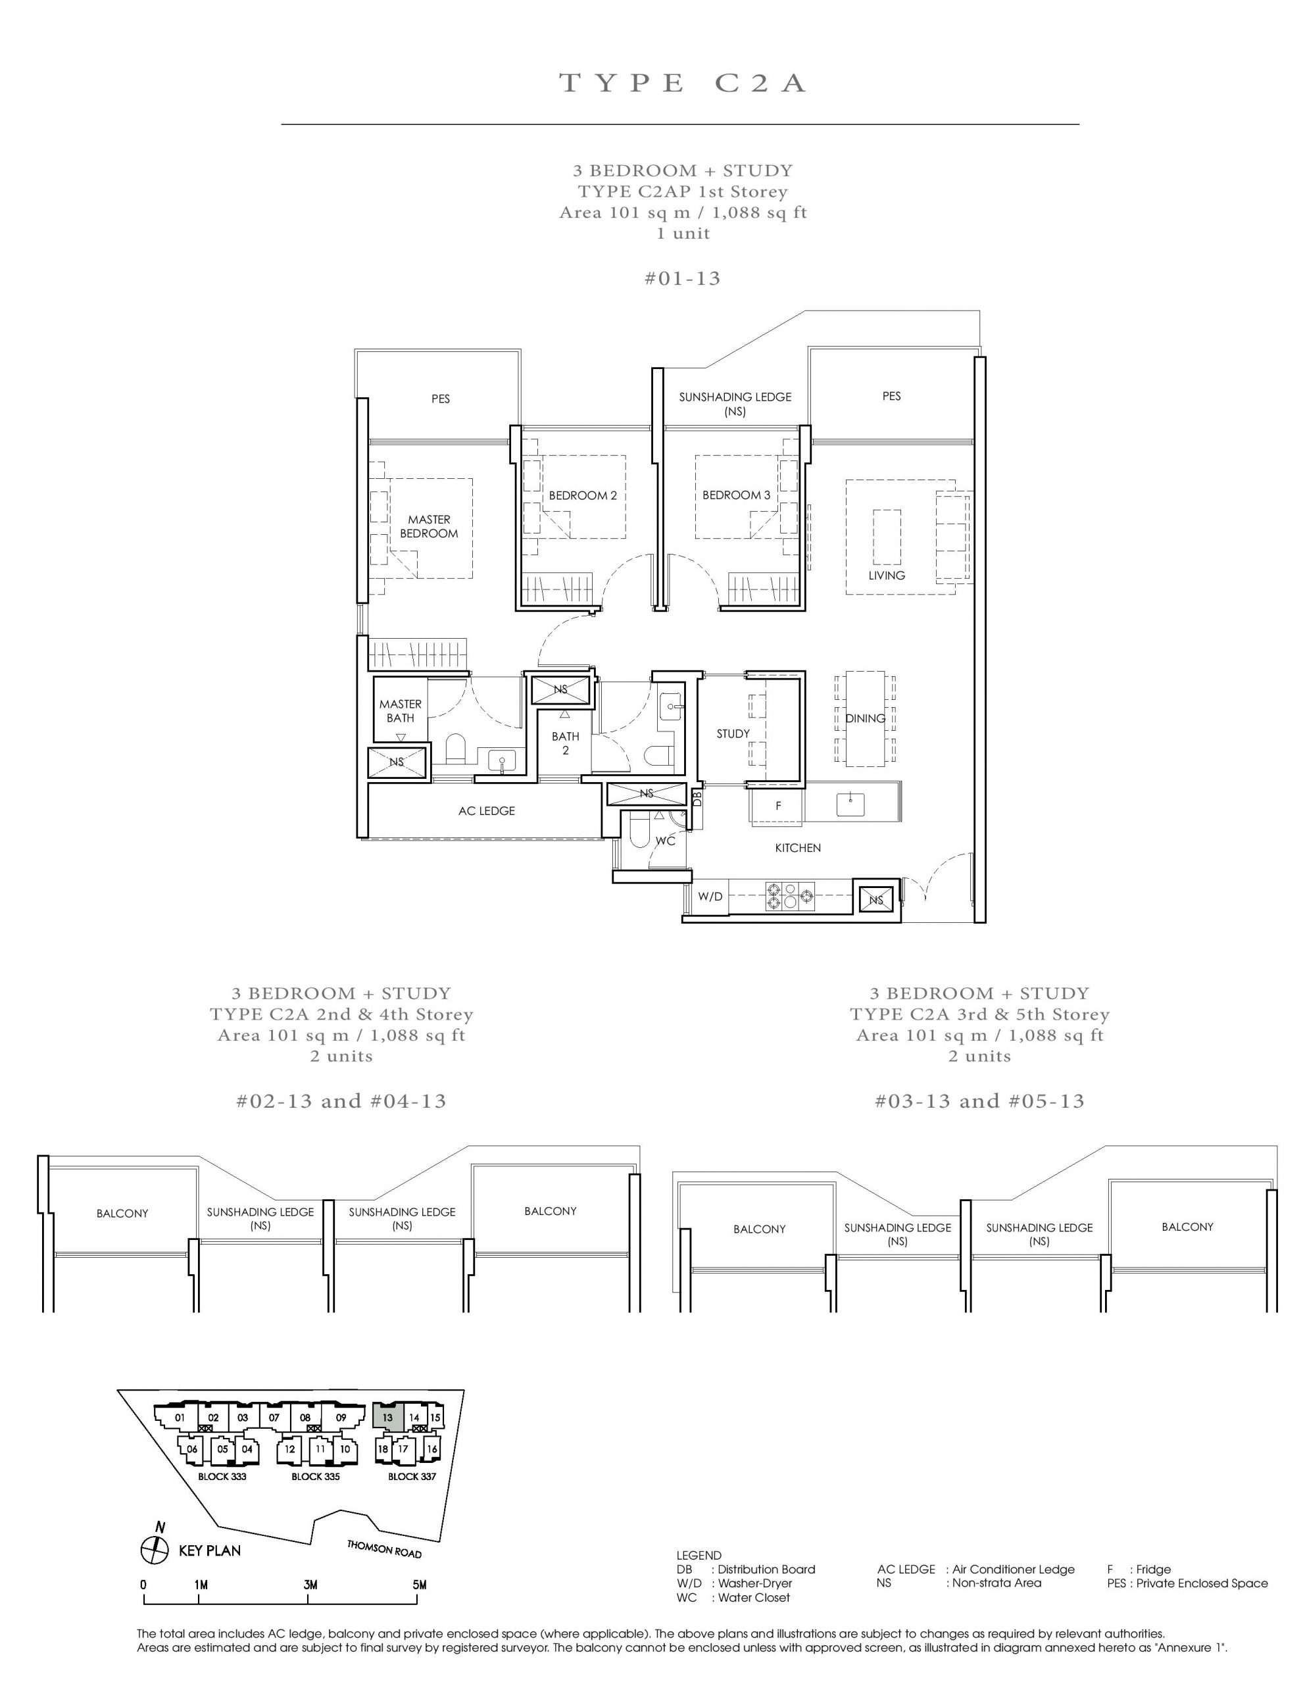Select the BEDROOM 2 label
(583, 496)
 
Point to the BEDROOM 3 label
(736, 495)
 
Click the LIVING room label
(887, 575)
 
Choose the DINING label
(865, 718)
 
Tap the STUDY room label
(733, 734)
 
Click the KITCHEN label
(798, 848)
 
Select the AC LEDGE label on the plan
(487, 811)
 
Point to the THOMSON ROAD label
(384, 1548)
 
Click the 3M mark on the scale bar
(310, 1585)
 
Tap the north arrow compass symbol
(154, 1549)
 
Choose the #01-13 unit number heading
(682, 278)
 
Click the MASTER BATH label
(400, 711)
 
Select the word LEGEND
(699, 1555)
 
